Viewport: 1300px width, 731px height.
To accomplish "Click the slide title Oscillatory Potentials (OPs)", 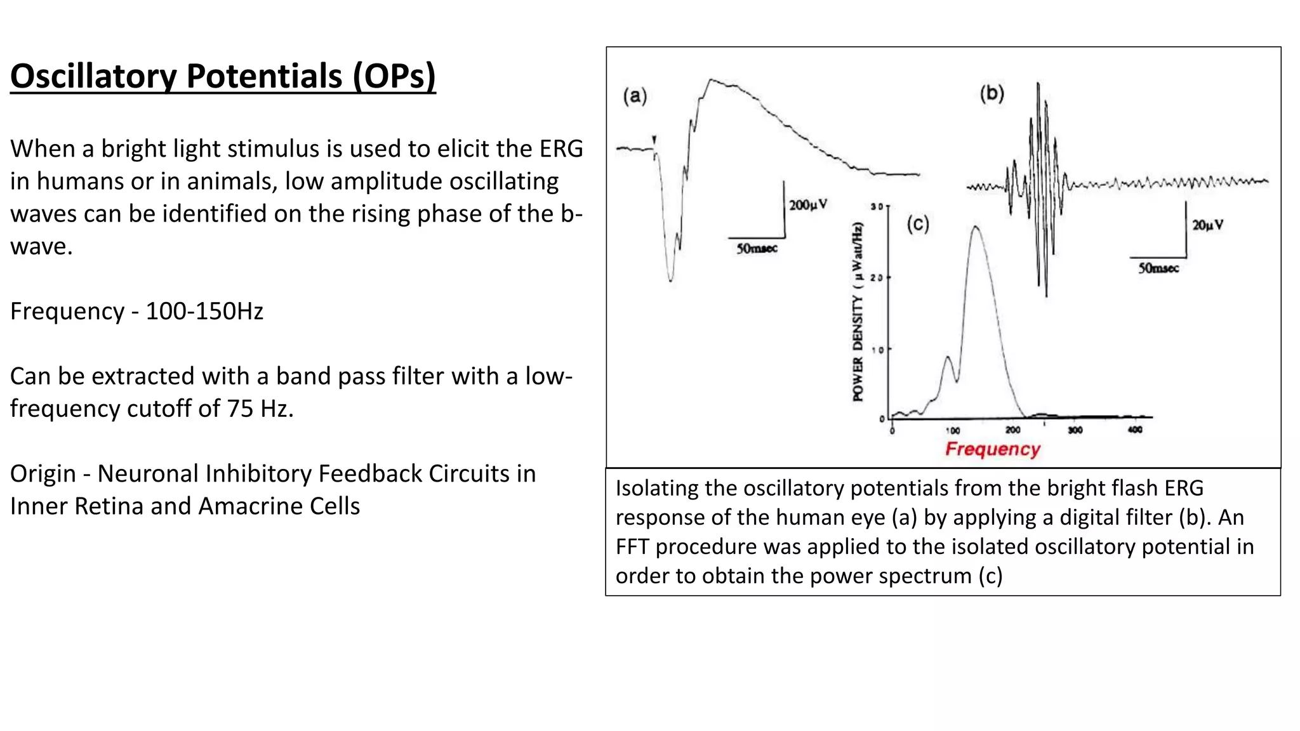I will [223, 76].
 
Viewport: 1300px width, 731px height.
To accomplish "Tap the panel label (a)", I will [635, 96].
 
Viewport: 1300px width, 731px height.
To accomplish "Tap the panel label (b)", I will [992, 94].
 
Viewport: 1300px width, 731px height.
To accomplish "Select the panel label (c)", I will [918, 223].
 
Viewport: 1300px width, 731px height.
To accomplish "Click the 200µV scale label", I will [808, 205].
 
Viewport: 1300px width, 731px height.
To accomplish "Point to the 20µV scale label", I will [1207, 225].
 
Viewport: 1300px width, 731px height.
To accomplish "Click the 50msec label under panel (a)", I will [757, 249].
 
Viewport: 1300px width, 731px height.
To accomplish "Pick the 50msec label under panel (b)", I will [1158, 268].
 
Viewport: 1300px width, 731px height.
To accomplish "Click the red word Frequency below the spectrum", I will [993, 449].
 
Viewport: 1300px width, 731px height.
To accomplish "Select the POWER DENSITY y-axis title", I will [858, 312].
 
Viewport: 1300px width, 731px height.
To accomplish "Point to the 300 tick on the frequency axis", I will [1075, 430].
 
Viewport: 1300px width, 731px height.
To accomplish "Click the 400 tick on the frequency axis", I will [1135, 430].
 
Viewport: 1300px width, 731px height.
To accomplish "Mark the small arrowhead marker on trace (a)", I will [654, 140].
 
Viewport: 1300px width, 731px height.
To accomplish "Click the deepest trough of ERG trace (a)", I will [671, 280].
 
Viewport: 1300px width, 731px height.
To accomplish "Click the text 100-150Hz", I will [204, 312].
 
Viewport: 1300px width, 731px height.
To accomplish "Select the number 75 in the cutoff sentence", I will [241, 409].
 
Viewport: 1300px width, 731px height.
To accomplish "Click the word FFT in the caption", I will [632, 547].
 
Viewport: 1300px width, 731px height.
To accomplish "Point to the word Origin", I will [42, 474].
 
